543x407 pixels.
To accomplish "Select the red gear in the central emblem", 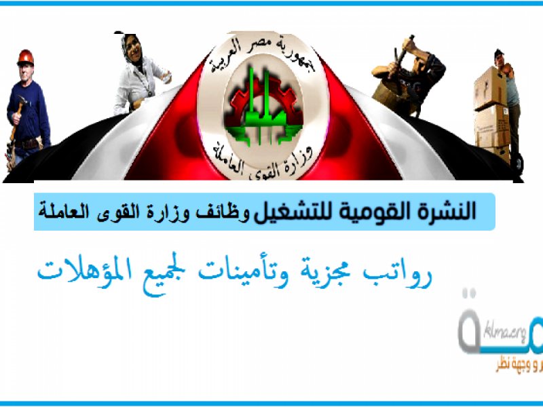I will click(x=237, y=109).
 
